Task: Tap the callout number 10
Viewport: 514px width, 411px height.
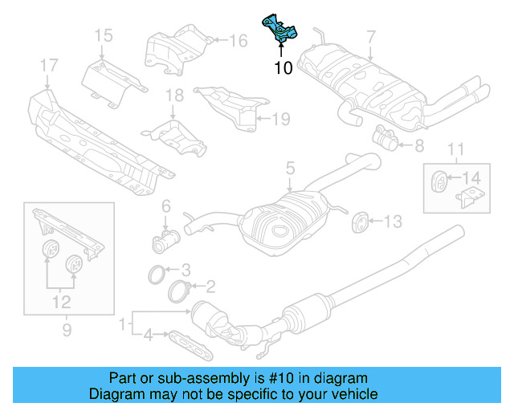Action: point(283,68)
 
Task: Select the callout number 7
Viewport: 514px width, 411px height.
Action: point(370,36)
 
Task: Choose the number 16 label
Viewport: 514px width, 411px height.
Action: point(239,40)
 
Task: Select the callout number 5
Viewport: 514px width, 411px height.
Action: point(290,169)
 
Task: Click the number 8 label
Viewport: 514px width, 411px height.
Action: point(418,146)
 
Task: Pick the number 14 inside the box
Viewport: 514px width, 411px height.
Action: point(473,177)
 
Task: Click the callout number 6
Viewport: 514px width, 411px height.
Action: point(166,206)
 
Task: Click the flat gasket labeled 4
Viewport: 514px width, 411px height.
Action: point(190,345)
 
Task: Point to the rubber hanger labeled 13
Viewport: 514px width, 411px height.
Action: point(360,221)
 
